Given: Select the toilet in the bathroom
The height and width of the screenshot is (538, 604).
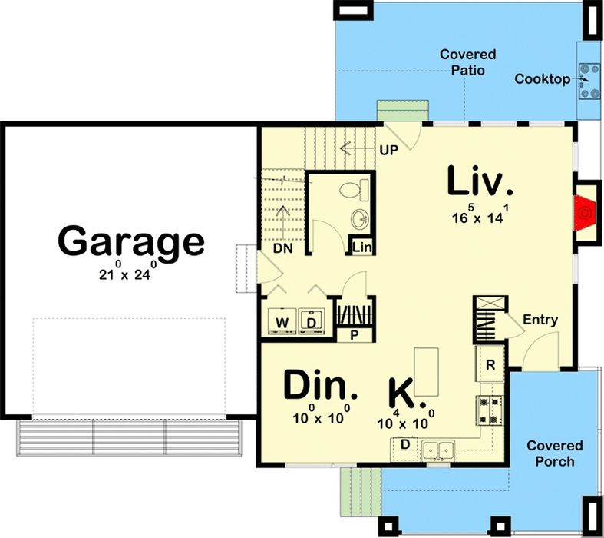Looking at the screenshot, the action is point(354,190).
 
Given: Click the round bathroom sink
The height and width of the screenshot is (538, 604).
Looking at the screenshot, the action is point(359,219).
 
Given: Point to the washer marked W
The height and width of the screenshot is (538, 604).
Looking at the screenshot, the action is point(282,321).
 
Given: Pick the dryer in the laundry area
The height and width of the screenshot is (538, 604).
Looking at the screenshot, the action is point(312,321).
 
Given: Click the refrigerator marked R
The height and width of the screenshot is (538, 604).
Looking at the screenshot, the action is point(490,364).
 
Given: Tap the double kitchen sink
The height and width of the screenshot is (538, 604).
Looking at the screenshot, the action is point(438,450).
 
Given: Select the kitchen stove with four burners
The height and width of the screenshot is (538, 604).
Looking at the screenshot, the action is point(490,410).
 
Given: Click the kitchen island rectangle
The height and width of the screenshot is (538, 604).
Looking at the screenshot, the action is point(426,372).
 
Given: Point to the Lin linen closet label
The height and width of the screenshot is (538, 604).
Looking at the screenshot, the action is point(362,247).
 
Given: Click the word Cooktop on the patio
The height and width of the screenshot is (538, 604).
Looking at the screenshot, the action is point(543,79).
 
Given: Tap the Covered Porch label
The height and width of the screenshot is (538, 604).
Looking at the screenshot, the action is point(555,453).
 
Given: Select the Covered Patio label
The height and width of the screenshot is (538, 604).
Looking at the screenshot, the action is point(467,62).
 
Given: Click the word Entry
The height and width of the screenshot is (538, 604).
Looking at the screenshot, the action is point(540,320).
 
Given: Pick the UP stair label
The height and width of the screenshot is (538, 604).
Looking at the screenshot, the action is point(388,150).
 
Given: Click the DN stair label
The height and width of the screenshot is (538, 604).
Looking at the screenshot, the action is point(282,248).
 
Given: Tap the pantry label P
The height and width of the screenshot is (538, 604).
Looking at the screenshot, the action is point(354,336).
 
